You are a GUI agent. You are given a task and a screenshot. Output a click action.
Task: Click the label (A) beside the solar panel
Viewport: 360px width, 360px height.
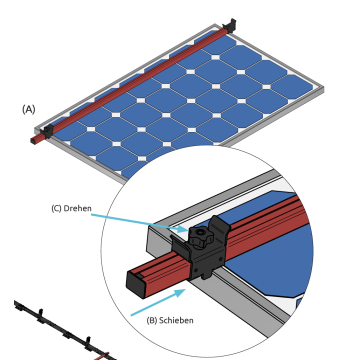coord(28,109)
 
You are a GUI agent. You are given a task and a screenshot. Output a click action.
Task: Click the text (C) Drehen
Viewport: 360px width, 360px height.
coord(72,208)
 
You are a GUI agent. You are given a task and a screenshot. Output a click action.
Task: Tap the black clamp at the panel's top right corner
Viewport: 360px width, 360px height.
coord(232,23)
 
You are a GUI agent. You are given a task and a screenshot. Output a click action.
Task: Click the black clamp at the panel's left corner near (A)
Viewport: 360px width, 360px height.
coord(46,127)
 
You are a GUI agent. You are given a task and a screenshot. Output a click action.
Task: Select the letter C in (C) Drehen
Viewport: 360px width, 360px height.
coord(57,208)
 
